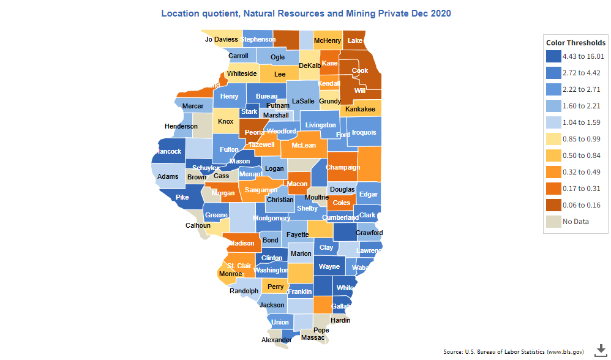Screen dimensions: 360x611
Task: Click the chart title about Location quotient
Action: pos(305,13)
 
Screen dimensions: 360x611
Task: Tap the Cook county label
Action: pos(360,71)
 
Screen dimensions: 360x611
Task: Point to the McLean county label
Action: pos(304,146)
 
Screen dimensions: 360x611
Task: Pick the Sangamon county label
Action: pos(261,190)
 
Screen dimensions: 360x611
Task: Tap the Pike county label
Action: pos(182,197)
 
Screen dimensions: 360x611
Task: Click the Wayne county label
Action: pos(329,267)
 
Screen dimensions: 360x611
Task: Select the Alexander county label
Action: pos(276,340)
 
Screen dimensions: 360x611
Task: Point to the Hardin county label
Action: pos(340,320)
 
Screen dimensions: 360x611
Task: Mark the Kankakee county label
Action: pos(360,110)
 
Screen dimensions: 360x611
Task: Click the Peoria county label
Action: pos(254,132)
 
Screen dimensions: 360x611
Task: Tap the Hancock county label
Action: pos(168,151)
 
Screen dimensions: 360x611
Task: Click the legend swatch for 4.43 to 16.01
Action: pos(553,57)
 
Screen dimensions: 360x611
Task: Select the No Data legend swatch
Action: pos(553,221)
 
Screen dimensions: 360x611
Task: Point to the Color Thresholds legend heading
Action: pos(575,43)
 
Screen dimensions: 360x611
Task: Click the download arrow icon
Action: pos(599,349)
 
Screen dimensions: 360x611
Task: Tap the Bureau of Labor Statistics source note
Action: pos(513,352)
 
